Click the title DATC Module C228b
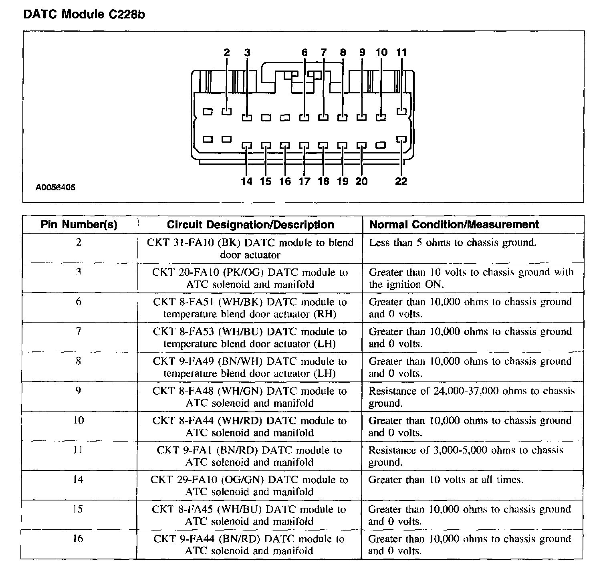point(84,14)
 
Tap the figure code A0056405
point(55,187)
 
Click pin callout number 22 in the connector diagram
point(401,182)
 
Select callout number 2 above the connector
point(227,52)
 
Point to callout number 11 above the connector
point(401,52)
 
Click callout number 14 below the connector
point(246,182)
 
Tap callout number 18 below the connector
point(323,182)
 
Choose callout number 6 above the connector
point(304,52)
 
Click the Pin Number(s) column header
point(79,224)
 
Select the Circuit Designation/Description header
point(250,224)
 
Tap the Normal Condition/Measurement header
point(454,224)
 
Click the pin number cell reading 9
point(79,391)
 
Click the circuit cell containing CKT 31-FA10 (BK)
point(250,248)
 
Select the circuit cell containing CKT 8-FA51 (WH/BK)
point(250,308)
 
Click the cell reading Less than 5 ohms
point(452,242)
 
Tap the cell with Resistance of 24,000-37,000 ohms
point(471,397)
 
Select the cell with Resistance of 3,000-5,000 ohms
point(466,456)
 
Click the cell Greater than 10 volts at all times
point(446,480)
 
